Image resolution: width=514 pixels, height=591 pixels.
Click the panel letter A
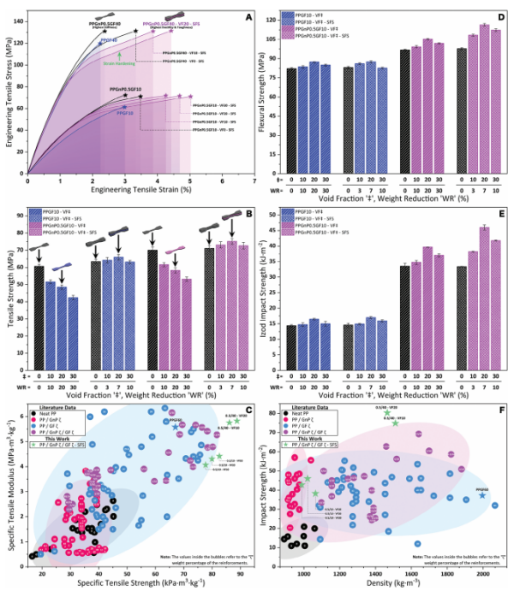tap(246, 16)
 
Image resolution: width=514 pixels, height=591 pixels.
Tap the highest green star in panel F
tap(386, 414)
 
